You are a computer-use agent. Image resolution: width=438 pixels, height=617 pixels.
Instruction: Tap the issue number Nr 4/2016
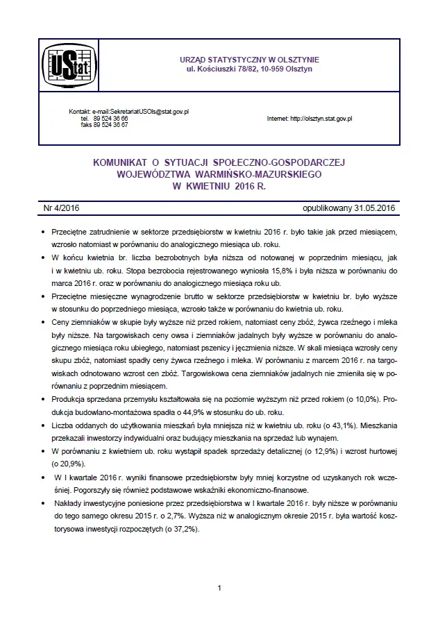pos(61,208)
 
